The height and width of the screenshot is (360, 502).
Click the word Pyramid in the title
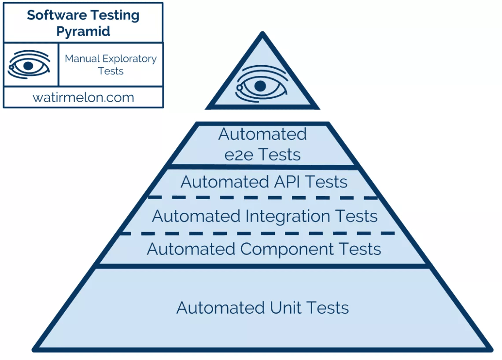click(83, 31)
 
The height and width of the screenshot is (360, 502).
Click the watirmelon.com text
click(83, 97)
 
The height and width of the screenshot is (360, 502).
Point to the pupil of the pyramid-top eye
click(260, 86)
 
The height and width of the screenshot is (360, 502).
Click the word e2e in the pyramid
click(239, 155)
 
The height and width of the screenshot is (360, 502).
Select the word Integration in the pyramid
click(288, 216)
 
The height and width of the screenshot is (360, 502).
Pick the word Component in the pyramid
click(287, 249)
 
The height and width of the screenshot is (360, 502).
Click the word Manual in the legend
click(82, 59)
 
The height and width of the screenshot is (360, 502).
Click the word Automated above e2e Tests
click(262, 134)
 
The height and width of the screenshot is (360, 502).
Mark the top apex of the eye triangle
click(262, 32)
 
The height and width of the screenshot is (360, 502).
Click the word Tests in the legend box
click(111, 71)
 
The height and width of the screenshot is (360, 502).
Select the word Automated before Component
click(191, 249)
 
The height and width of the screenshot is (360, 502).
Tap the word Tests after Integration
click(356, 216)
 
